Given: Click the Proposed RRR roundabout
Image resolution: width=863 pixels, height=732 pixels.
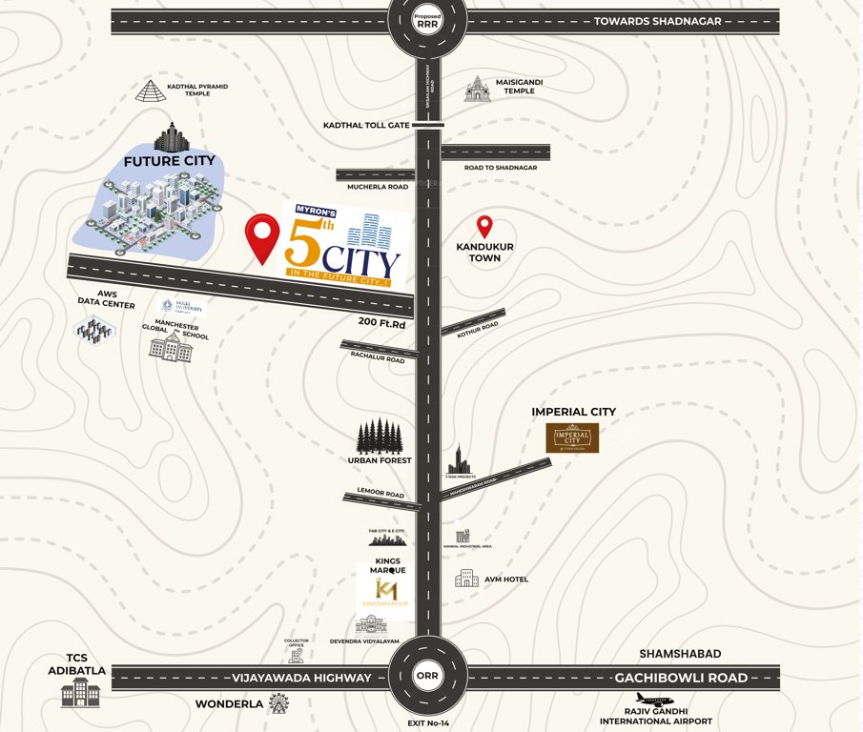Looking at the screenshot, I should pos(427,22).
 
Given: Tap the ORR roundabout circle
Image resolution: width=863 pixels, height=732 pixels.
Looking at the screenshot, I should pos(427,677).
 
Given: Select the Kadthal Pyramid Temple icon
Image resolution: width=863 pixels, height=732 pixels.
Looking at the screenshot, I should pos(150,91).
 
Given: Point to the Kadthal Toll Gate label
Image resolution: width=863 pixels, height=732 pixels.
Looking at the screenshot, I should pos(366,125).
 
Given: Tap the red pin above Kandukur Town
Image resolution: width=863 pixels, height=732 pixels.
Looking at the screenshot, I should pos(484,226).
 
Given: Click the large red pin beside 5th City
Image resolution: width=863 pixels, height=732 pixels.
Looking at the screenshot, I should pos(262,237).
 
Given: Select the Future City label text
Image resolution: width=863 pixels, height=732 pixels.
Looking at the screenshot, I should pos(169,161).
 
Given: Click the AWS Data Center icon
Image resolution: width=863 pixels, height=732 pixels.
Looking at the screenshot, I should pos(93,330).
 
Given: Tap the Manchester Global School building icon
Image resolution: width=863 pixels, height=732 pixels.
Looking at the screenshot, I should pos(171,348).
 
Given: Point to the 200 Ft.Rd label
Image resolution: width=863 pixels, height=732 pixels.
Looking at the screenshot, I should pos(382,322).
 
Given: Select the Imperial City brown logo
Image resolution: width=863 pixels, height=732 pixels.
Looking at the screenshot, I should pos(572,437).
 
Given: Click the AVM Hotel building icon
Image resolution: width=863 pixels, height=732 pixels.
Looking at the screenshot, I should pos(466,579).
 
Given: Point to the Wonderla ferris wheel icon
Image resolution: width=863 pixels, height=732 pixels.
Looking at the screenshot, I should pos(278,703).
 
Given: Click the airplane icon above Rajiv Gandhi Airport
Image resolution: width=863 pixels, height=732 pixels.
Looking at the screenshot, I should pos(654,700).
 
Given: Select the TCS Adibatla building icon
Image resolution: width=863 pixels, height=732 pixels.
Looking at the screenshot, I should pos(80,693).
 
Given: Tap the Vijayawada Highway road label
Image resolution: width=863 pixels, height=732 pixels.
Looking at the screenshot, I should pos(300,678).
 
